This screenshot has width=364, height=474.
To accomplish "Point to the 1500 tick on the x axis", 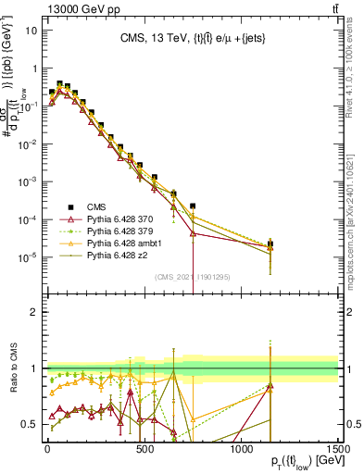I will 338,450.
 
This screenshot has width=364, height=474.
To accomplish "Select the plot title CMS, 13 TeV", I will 191,38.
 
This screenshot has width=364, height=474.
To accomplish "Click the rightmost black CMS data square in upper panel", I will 270,244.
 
